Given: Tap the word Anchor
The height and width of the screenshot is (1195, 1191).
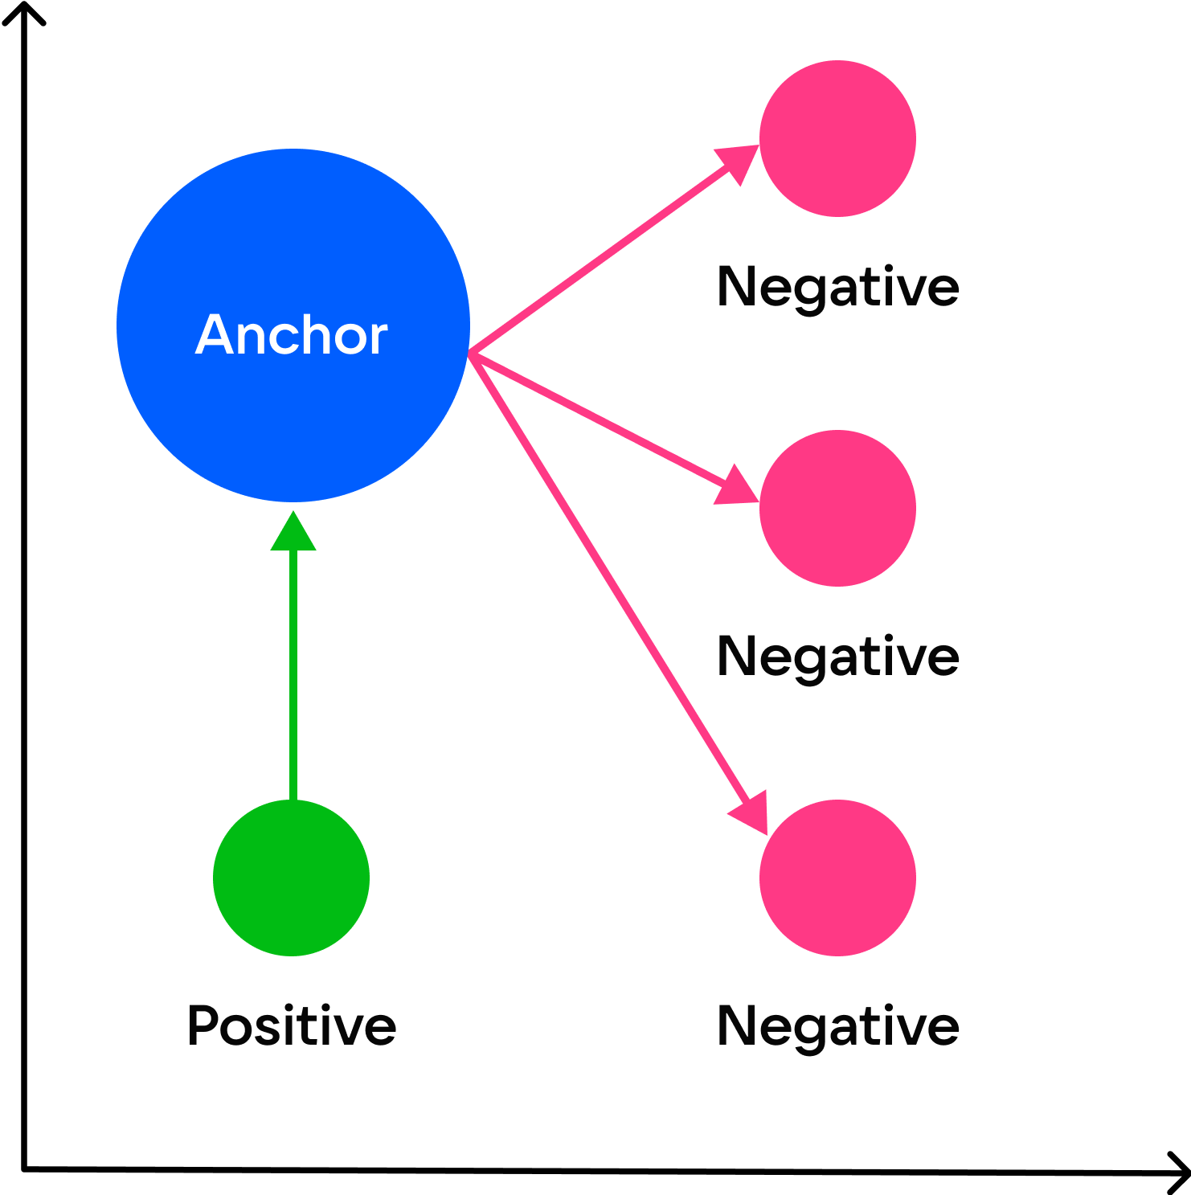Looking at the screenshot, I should click(x=291, y=334).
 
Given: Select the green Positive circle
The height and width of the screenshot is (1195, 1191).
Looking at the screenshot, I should click(x=291, y=878).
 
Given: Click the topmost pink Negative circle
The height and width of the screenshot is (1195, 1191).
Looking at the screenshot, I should click(x=837, y=138).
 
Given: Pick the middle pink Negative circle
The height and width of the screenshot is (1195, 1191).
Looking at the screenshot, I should click(x=837, y=508).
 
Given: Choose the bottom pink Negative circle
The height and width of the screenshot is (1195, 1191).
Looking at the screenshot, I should click(x=837, y=878).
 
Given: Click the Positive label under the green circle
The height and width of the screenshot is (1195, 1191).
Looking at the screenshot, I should click(x=291, y=1025).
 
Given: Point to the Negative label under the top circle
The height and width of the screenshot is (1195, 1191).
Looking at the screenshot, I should click(x=837, y=287).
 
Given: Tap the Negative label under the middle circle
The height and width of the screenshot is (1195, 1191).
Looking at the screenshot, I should click(x=837, y=657).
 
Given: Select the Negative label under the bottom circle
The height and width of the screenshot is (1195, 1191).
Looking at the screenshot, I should click(x=837, y=1026).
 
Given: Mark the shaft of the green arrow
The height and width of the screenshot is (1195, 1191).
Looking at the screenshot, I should click(x=293, y=675).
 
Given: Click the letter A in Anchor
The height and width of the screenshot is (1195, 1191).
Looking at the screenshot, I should click(x=219, y=334).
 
